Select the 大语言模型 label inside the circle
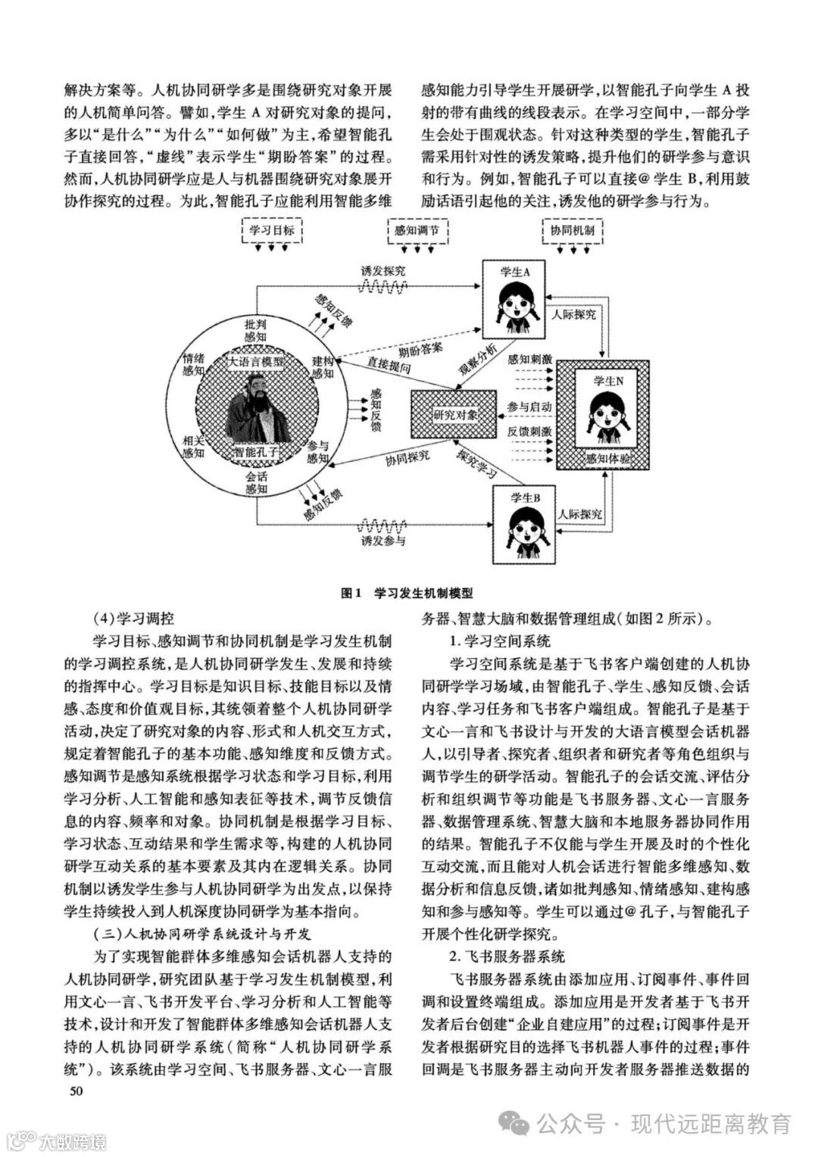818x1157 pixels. (x=257, y=362)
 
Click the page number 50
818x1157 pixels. (x=75, y=1091)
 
